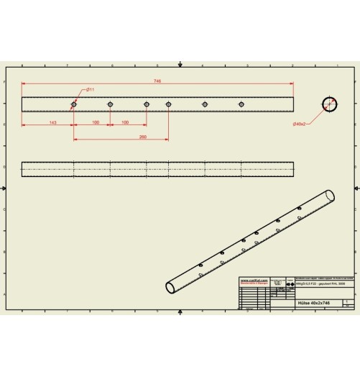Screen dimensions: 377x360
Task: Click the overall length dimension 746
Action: pos(157,81)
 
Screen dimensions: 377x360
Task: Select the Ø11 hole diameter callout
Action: pos(90,89)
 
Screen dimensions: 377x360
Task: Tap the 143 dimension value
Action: pos(52,122)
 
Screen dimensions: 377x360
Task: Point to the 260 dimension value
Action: pos(142,136)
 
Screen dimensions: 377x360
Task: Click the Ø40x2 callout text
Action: pos(300,124)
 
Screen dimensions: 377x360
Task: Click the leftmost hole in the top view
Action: pos(73,104)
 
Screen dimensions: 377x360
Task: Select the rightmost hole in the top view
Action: pos(241,104)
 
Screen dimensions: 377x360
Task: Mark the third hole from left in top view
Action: pos(146,104)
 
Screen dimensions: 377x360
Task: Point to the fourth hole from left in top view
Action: pos(168,104)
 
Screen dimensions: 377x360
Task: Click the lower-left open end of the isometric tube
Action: pos(170,287)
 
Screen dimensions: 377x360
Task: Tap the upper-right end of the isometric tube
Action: pos(330,195)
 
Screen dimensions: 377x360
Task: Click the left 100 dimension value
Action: pos(96,122)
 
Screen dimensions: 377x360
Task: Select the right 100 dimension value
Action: pos(125,122)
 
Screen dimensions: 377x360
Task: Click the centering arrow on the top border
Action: pos(180,65)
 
